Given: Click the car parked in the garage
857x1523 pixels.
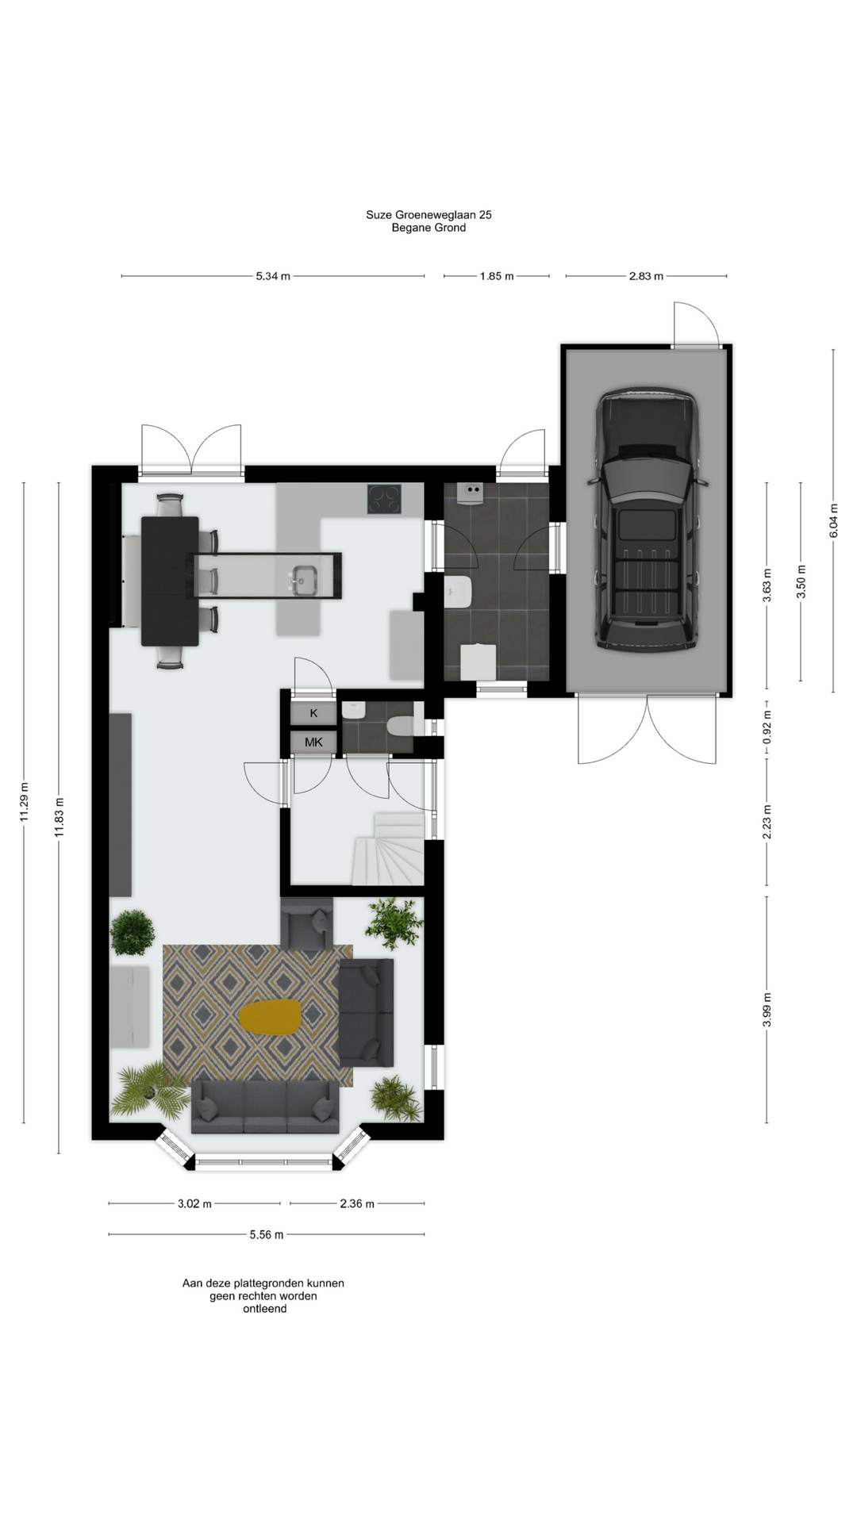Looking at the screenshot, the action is (646, 520).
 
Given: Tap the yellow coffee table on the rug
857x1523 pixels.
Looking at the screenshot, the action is (271, 1017).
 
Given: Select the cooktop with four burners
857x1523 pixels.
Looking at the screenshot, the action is (384, 499).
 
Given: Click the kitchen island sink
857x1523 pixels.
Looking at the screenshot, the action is (302, 581).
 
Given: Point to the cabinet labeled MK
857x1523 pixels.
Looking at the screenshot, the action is (313, 742).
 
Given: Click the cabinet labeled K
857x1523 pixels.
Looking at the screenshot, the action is (313, 713).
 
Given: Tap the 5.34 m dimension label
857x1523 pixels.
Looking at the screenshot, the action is (273, 276).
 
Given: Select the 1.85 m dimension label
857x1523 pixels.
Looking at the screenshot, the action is (497, 276).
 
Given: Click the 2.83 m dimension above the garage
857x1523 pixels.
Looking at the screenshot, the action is (646, 276).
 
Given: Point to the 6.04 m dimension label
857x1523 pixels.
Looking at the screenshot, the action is (833, 520).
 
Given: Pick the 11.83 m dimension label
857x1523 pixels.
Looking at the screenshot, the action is (59, 816).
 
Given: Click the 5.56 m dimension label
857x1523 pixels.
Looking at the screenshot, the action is (267, 1234).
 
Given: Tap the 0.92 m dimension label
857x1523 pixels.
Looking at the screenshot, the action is (767, 726).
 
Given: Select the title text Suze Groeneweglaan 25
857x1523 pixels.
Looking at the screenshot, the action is (428, 214).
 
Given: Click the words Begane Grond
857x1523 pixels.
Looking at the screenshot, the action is (428, 228).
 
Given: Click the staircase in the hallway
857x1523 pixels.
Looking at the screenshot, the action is (389, 849).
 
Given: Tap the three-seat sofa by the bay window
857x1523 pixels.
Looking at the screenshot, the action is (265, 1107).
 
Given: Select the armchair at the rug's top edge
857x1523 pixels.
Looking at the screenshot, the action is (308, 924).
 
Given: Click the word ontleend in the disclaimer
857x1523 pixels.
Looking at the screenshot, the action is (265, 1309).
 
